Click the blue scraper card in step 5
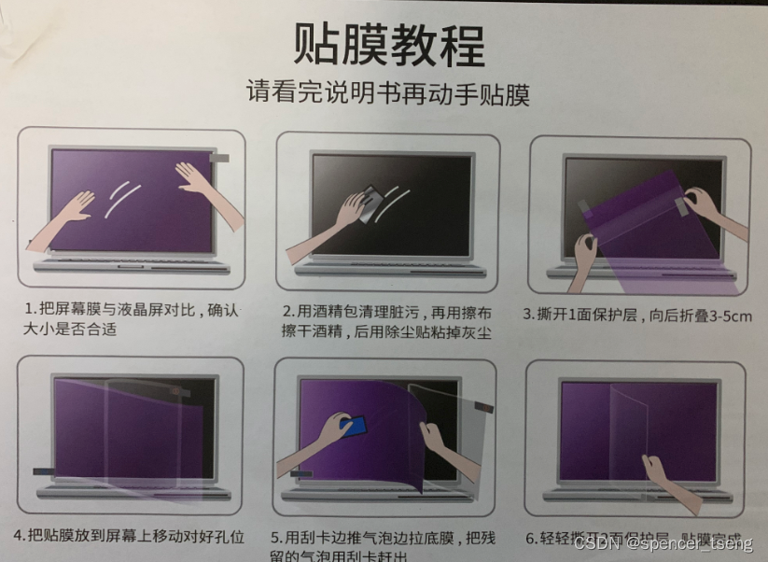[x=354, y=428]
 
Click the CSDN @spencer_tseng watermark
[x=662, y=542]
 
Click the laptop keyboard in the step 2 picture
[x=387, y=263]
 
